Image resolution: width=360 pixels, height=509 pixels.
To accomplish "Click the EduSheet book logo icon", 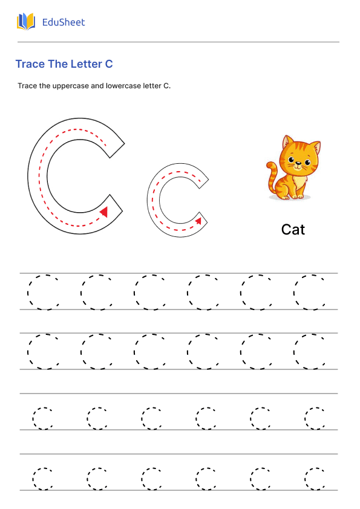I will coord(26,22).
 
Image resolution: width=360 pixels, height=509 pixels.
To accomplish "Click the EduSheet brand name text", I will coord(64,22).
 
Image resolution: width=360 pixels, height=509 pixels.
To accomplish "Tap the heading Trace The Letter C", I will coord(64,64).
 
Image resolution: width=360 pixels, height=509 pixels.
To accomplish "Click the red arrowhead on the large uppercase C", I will coord(103,211).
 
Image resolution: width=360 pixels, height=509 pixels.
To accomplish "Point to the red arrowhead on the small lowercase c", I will coord(198,221).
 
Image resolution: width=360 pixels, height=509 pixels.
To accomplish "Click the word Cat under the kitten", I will coord(293,230).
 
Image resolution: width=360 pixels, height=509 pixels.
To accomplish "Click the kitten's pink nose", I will coord(298,166).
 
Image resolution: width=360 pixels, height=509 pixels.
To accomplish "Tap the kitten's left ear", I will coord(287,143).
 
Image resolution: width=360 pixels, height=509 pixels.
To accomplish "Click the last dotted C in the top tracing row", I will coord(309,293).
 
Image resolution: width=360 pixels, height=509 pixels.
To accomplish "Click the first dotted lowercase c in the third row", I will coord(42,418).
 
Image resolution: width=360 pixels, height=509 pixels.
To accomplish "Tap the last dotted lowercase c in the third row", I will coord(314,418).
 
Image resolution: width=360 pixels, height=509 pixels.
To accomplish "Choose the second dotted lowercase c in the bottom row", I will coord(96,478).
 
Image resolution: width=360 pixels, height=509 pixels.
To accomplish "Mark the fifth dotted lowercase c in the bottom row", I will coord(260,478).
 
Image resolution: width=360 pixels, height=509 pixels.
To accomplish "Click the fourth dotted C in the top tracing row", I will coord(203,293).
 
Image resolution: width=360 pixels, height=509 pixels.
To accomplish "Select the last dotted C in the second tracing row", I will coord(309,352).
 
